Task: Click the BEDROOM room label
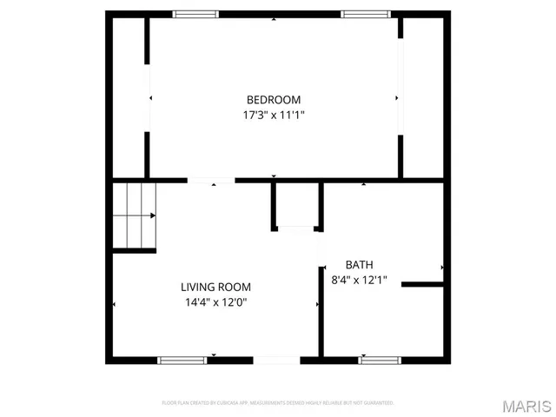point(274,99)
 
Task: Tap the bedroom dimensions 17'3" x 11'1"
point(274,115)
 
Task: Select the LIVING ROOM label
point(215,287)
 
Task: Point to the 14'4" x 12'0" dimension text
point(215,302)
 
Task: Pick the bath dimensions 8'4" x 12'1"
point(359,281)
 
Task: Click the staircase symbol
point(134,215)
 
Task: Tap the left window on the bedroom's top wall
point(195,14)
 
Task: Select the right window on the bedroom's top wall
point(364,14)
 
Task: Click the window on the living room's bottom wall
point(182,360)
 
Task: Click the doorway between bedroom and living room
point(211,181)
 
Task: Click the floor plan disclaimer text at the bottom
point(278,403)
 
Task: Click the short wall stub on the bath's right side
point(423,283)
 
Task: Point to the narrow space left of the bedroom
point(129,96)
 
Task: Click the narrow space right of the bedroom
point(424,96)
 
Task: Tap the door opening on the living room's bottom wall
point(276,360)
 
